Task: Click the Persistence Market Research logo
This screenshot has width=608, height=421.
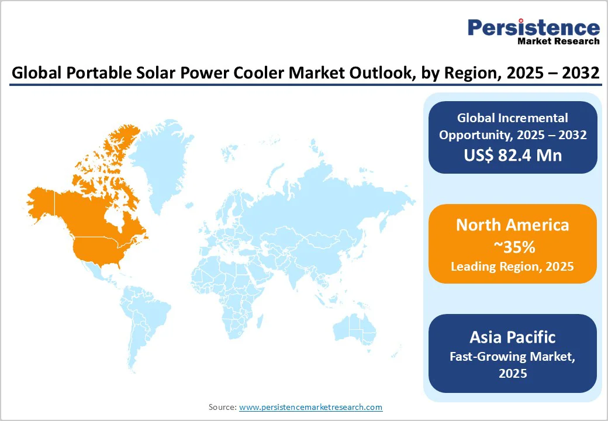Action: pyautogui.click(x=533, y=32)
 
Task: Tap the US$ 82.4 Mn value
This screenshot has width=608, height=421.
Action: pyautogui.click(x=512, y=155)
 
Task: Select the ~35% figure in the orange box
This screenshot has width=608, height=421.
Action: pyautogui.click(x=513, y=247)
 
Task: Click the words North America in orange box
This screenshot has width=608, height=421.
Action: pyautogui.click(x=513, y=225)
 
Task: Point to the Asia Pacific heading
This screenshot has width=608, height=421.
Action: pyautogui.click(x=513, y=337)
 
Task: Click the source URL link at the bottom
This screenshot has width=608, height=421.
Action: pyautogui.click(x=310, y=407)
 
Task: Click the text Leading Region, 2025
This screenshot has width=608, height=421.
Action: pyautogui.click(x=513, y=267)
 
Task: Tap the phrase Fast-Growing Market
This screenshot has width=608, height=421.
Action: pyautogui.click(x=513, y=356)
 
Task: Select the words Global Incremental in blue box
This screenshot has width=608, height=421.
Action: pyautogui.click(x=513, y=118)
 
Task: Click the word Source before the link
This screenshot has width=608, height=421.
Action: pyautogui.click(x=222, y=407)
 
